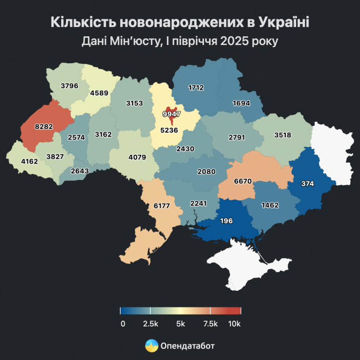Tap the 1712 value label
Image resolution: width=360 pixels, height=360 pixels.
coord(196,87)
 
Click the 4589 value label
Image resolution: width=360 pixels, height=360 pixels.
coord(99,93)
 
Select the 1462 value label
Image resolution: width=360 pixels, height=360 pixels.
coord(270,206)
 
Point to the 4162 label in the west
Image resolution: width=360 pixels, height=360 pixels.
coord(30,161)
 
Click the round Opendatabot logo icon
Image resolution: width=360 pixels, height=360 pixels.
coord(152,345)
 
